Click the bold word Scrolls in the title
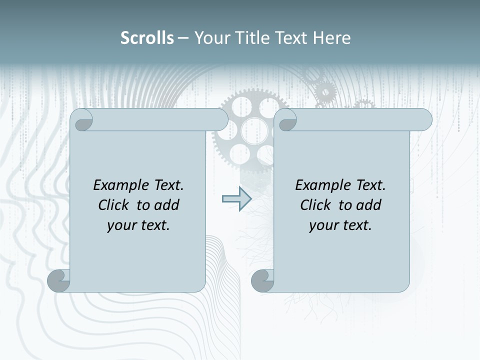click(x=147, y=38)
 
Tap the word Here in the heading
click(x=331, y=38)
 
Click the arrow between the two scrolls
click(x=236, y=198)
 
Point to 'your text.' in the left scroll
click(x=138, y=225)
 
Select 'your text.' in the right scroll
click(x=340, y=225)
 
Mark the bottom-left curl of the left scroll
click(x=58, y=280)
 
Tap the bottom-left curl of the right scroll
click(x=262, y=280)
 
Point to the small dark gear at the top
click(x=326, y=91)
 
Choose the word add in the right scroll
click(x=369, y=205)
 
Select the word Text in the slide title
click(x=290, y=38)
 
